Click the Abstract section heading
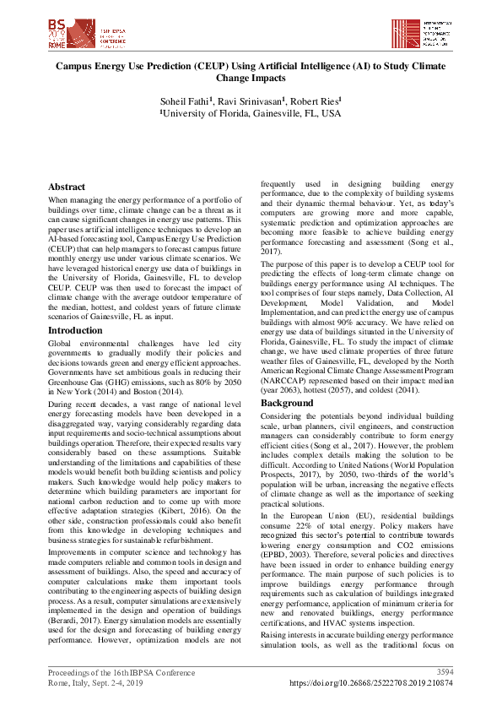[67, 187]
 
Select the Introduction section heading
[75, 330]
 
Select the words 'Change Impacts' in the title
[251, 77]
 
